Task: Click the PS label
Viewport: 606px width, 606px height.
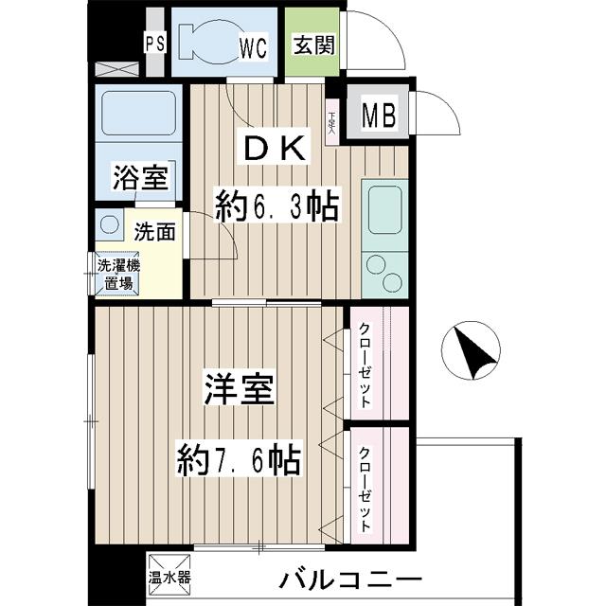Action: (x=153, y=43)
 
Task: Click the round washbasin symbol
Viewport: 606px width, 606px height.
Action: (x=104, y=227)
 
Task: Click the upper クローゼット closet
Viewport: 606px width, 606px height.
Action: (x=377, y=362)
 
